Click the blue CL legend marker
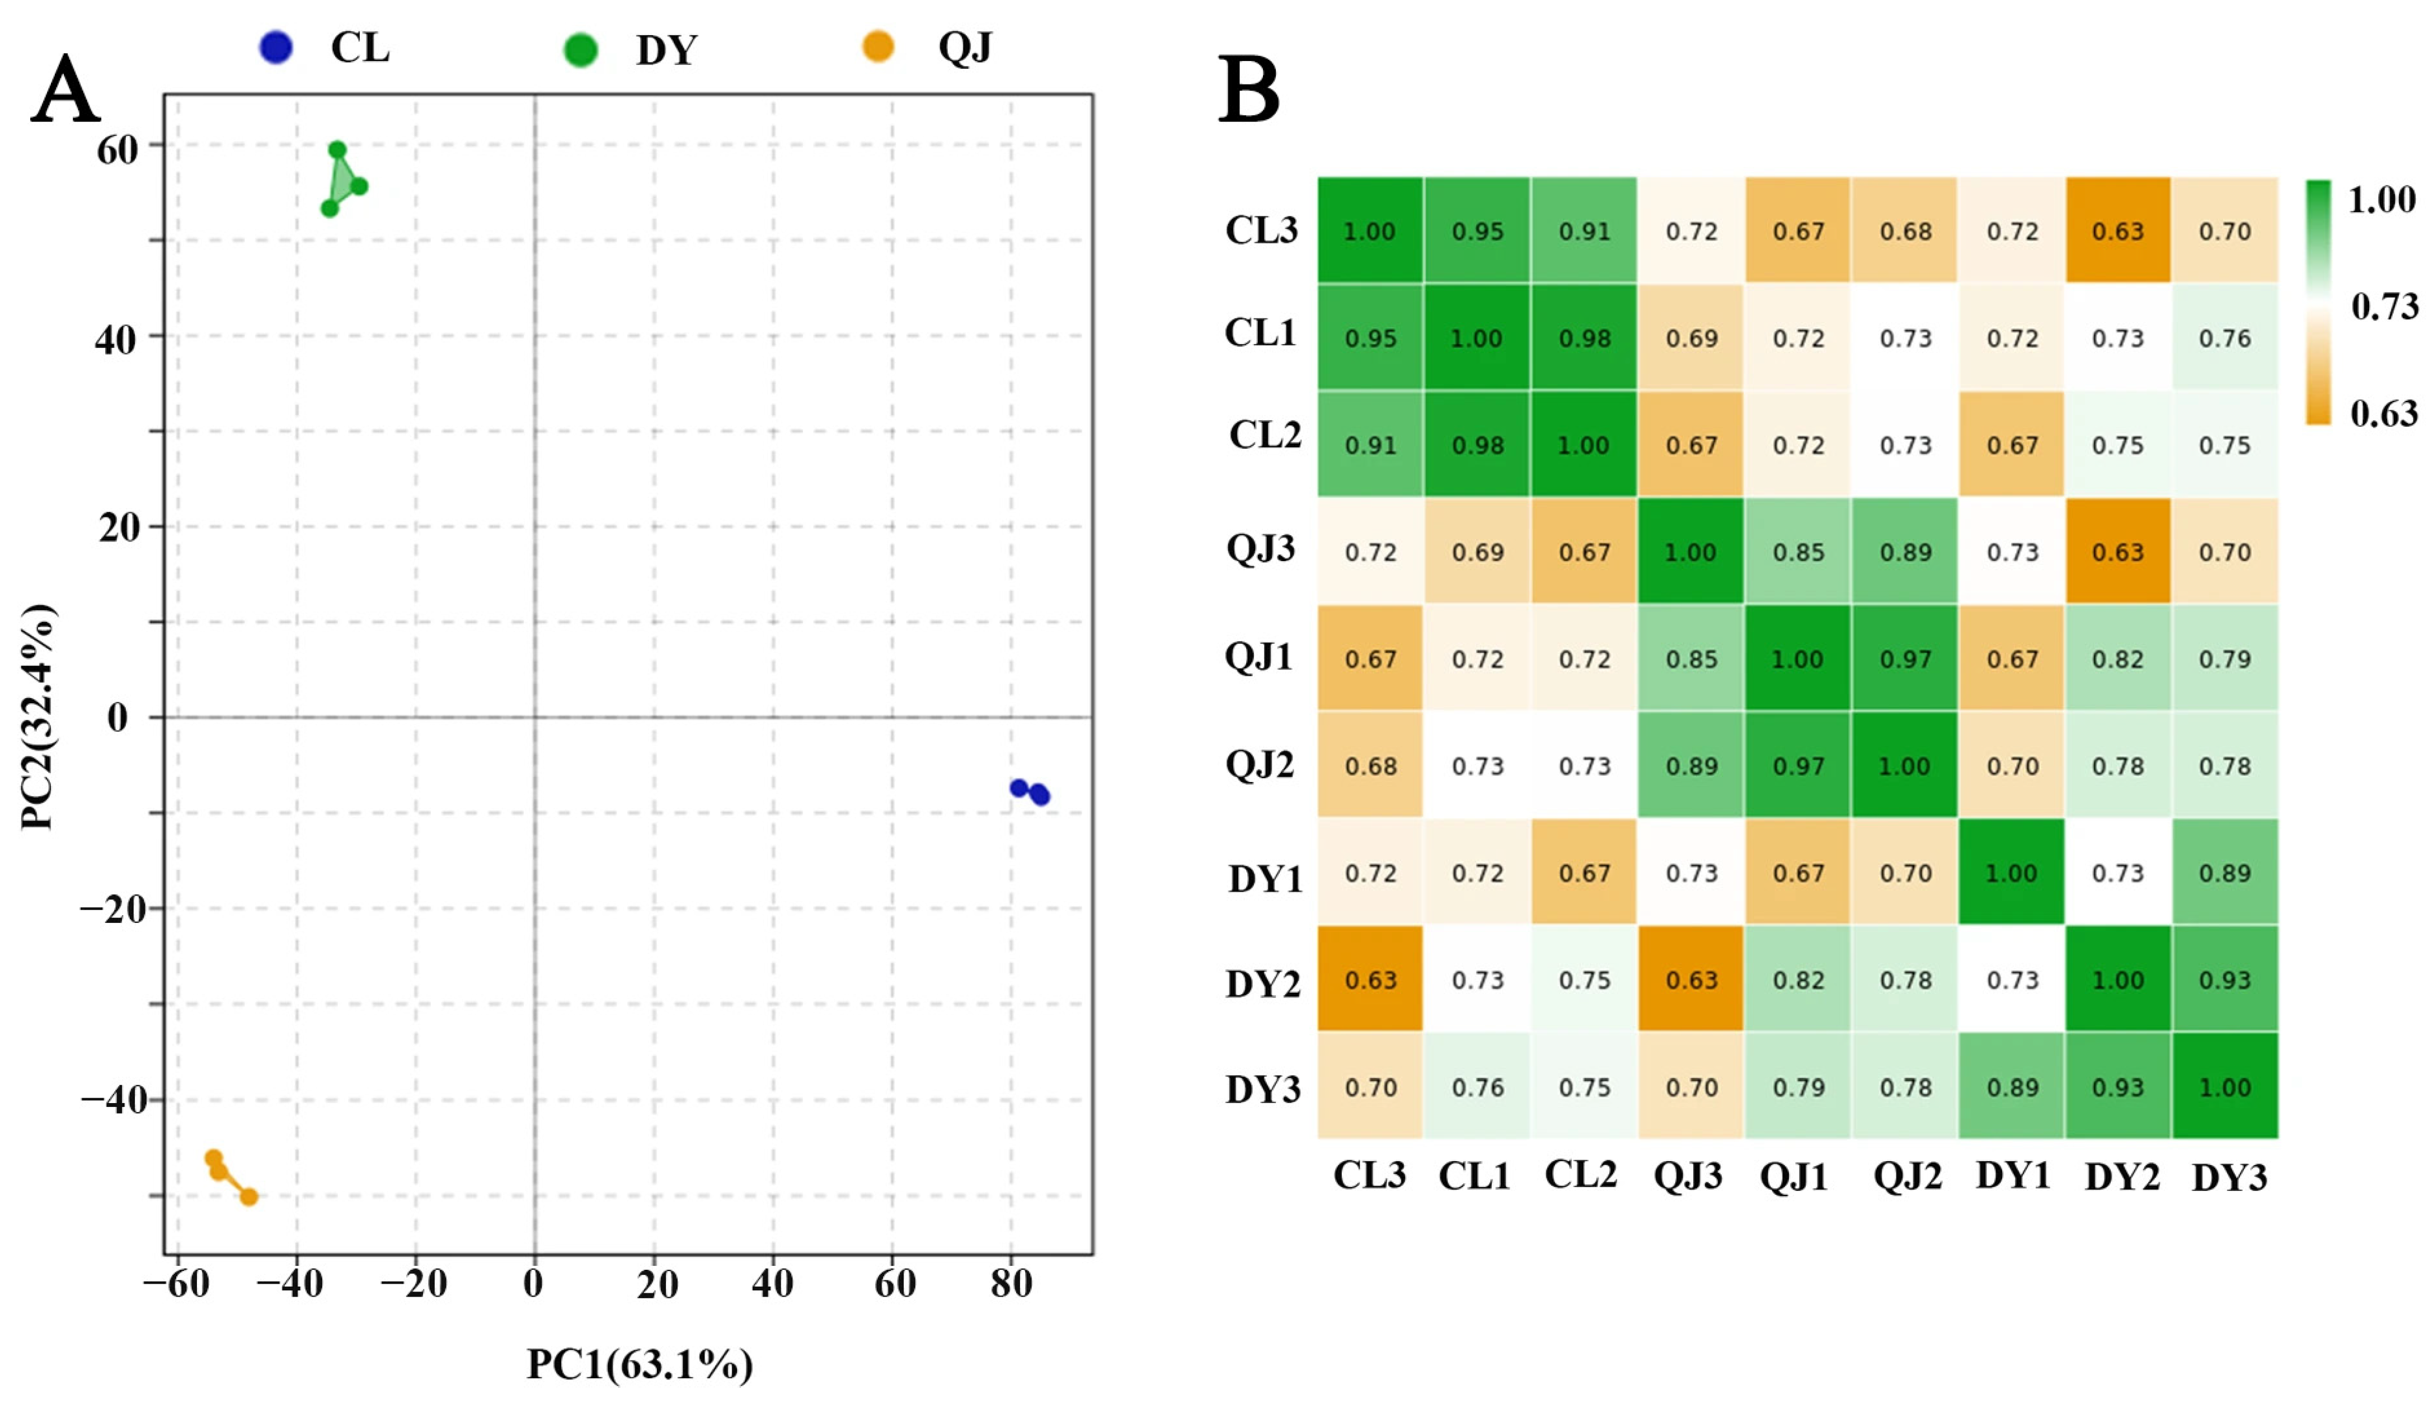click(276, 47)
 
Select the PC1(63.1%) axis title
click(640, 1364)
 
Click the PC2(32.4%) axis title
click(39, 717)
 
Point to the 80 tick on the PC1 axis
click(1011, 1284)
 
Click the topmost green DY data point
click(337, 149)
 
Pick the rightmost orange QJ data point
click(249, 1196)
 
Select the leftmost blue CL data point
click(1018, 788)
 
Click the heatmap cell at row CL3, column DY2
click(2117, 230)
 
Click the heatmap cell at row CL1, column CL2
click(1584, 337)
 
